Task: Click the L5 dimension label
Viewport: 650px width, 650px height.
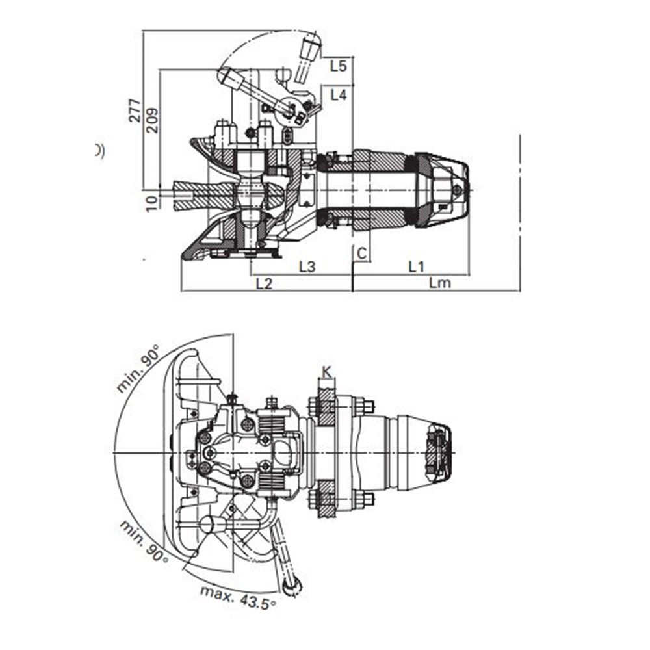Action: tap(338, 66)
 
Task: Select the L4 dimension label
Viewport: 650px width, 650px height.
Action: tap(338, 95)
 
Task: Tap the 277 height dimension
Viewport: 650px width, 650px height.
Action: tap(135, 110)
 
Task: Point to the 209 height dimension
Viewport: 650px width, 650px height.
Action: tap(151, 120)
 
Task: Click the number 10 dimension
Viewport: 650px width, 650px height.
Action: tap(152, 203)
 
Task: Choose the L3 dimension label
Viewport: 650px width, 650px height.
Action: tap(307, 266)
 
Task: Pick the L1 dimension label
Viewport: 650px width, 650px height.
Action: tap(416, 266)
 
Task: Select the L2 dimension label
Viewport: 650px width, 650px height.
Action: tap(264, 283)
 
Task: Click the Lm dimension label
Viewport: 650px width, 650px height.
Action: tap(439, 283)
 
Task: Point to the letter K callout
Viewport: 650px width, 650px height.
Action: tap(327, 372)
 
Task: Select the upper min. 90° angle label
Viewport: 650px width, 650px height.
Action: tap(138, 369)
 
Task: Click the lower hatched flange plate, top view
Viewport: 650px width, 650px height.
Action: tap(326, 499)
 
